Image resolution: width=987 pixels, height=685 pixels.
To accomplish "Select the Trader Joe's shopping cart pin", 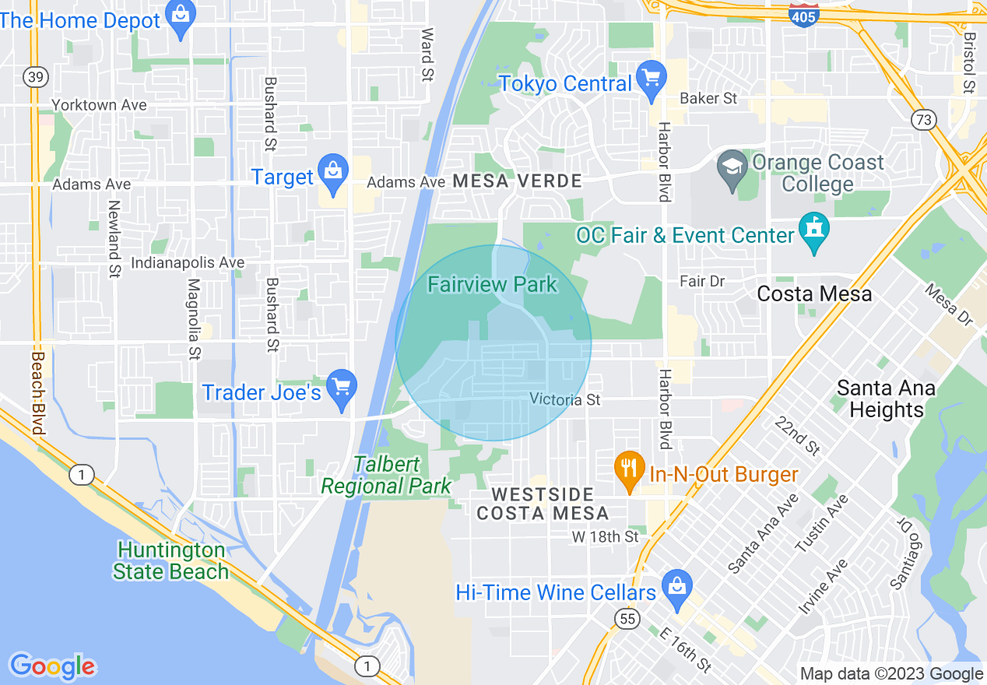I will [x=341, y=388].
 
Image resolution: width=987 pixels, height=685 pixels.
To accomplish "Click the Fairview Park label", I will [x=492, y=284].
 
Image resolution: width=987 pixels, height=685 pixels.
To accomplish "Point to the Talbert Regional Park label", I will [x=386, y=476].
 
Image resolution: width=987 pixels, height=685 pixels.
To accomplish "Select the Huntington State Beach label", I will [x=170, y=560].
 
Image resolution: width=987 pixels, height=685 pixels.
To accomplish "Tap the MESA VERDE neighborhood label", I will [x=516, y=181].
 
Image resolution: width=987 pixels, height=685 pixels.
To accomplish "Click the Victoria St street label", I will [x=565, y=399].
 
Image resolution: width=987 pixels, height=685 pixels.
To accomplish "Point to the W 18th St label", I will [x=605, y=537].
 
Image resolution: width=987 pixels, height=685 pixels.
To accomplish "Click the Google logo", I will [x=53, y=666].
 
